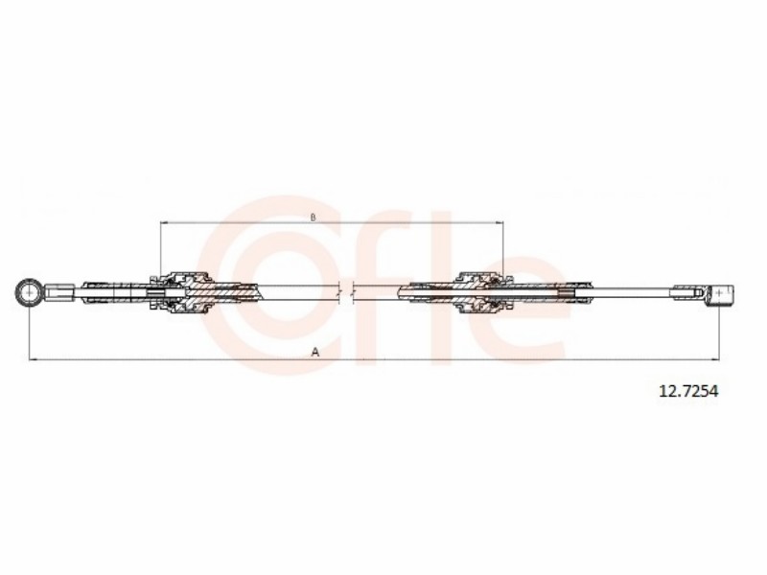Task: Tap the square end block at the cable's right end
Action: [721, 293]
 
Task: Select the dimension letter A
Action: [315, 352]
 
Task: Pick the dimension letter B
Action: [314, 217]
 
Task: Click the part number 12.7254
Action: [688, 391]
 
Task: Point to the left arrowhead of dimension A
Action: [33, 360]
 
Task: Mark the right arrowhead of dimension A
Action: [715, 360]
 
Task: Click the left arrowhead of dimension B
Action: [164, 223]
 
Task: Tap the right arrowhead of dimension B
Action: [500, 223]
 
